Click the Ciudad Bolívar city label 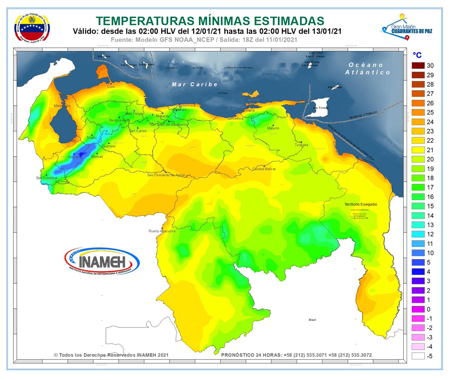[x=264, y=169]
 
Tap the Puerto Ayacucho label [x=162, y=231]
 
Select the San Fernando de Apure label [x=166, y=175]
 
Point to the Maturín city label [x=273, y=128]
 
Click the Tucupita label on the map [x=301, y=145]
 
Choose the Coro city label [x=111, y=87]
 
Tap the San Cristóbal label [x=47, y=178]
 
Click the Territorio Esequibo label [x=360, y=204]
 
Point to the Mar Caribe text [x=195, y=84]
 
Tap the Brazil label [x=312, y=320]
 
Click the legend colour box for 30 [x=418, y=66]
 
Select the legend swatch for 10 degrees [x=418, y=253]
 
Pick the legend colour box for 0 [x=418, y=309]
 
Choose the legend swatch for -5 [x=418, y=356]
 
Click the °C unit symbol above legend [x=417, y=55]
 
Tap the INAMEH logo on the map [x=102, y=261]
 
